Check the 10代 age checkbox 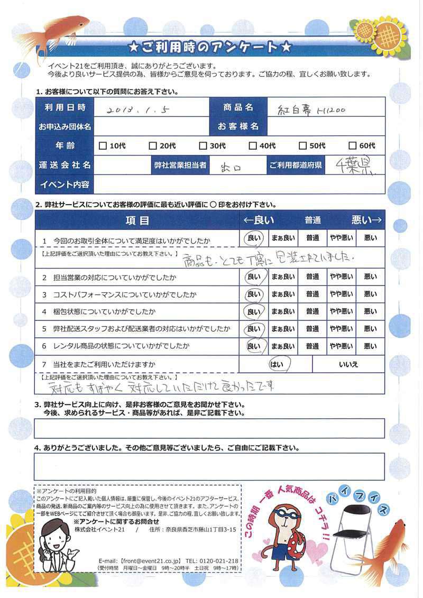[103, 146]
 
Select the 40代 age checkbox [253, 146]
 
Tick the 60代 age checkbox [353, 146]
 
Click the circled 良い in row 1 [254, 238]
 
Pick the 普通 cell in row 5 [312, 329]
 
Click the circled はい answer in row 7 [277, 364]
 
